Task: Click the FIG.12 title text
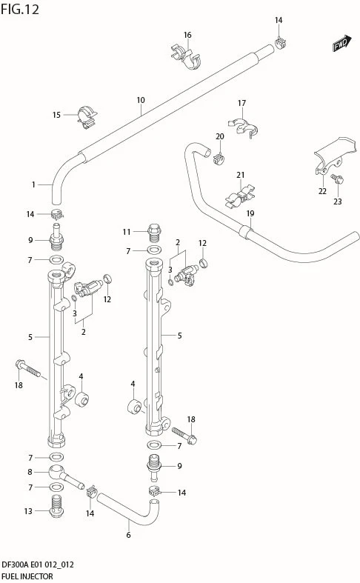coord(20,9)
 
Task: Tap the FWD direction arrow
coord(342,43)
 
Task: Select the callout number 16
coord(187,35)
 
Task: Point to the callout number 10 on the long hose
coord(141,100)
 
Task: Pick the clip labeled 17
coord(243,127)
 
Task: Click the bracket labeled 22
coord(334,155)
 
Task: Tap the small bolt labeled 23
coord(338,179)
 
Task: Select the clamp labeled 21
coord(240,196)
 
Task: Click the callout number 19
coord(250,213)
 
